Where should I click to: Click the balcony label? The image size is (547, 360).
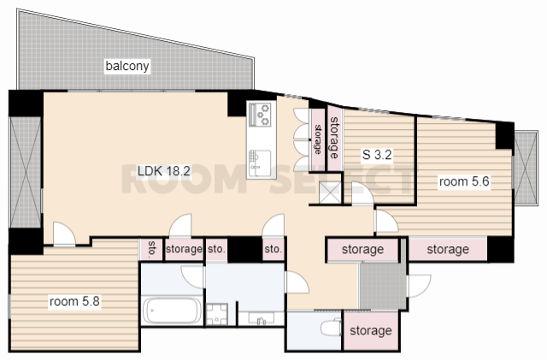click(x=127, y=66)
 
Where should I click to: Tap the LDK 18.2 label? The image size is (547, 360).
click(x=163, y=171)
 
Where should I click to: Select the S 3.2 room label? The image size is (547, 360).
click(x=377, y=154)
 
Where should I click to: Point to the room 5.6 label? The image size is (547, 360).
click(x=464, y=181)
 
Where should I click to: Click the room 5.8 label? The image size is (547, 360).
click(x=74, y=301)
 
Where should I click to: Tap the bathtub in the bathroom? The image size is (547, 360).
click(x=173, y=310)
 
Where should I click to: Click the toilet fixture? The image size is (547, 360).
click(x=331, y=327)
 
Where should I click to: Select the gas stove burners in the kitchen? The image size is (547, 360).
click(x=262, y=113)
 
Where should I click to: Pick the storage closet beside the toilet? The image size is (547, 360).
click(x=371, y=330)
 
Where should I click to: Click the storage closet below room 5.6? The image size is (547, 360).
click(x=448, y=250)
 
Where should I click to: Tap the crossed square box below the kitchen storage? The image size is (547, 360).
click(x=331, y=192)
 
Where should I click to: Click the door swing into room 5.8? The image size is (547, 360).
click(x=64, y=233)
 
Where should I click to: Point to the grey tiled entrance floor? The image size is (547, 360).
click(x=383, y=286)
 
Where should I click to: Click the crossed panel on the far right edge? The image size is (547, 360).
click(x=525, y=168)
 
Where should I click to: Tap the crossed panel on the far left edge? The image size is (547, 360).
click(x=26, y=173)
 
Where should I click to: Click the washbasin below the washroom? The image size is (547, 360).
click(x=261, y=318)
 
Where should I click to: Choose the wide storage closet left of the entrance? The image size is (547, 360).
click(x=362, y=250)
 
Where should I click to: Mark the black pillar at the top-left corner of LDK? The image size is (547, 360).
click(x=26, y=103)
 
